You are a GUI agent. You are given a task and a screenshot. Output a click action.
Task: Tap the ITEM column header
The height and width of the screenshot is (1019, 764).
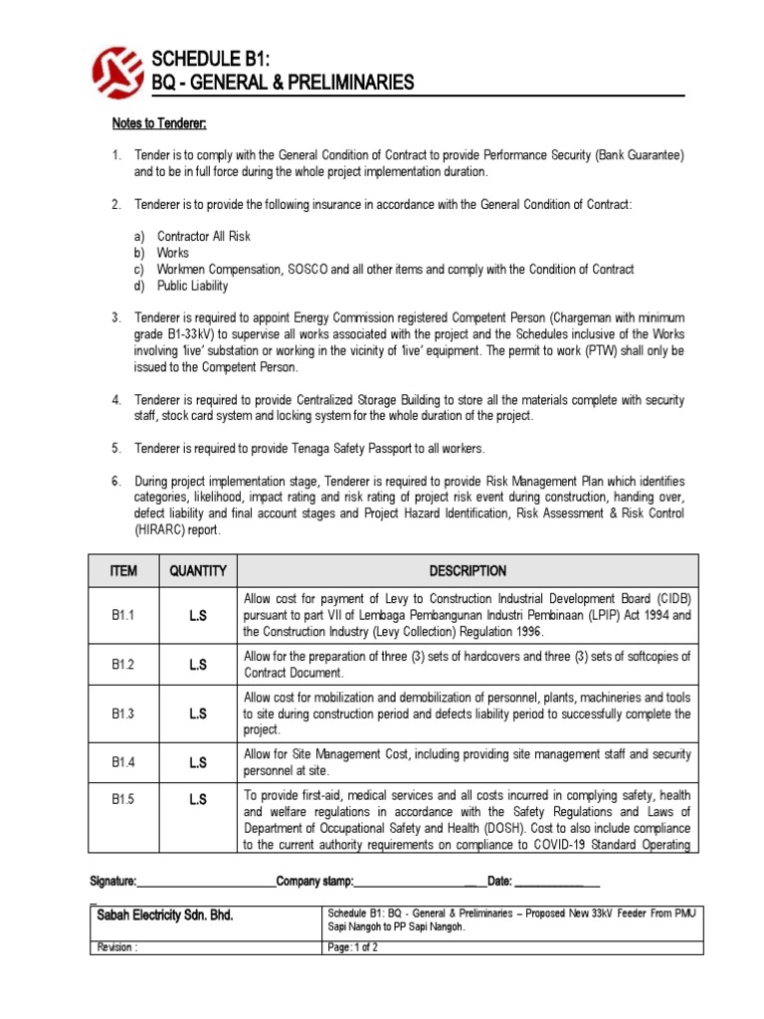click(x=124, y=571)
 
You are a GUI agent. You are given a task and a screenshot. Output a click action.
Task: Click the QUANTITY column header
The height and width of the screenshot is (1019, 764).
click(x=198, y=571)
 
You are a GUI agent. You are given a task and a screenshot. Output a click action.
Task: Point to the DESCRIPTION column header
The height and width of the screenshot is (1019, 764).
click(x=468, y=571)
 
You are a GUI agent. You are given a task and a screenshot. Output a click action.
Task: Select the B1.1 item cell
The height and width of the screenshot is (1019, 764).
click(x=124, y=616)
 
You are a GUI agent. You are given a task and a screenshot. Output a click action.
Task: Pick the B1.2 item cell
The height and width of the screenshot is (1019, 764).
click(x=124, y=665)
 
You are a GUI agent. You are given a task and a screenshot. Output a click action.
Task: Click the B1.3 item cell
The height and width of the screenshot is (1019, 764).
click(x=124, y=713)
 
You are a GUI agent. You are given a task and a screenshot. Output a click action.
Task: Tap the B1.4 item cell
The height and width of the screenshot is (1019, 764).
click(x=124, y=762)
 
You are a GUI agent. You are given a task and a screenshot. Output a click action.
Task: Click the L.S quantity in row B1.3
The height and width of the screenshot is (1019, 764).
click(x=198, y=713)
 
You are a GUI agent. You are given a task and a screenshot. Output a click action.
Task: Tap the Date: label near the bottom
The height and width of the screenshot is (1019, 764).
click(x=499, y=882)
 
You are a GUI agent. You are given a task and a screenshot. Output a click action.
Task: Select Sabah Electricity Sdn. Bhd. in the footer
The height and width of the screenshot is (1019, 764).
click(x=164, y=915)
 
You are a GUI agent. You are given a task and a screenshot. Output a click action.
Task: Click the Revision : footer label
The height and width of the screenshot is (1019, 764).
click(x=115, y=947)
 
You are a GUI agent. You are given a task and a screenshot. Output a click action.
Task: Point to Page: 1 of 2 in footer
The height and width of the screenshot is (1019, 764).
click(x=353, y=947)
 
